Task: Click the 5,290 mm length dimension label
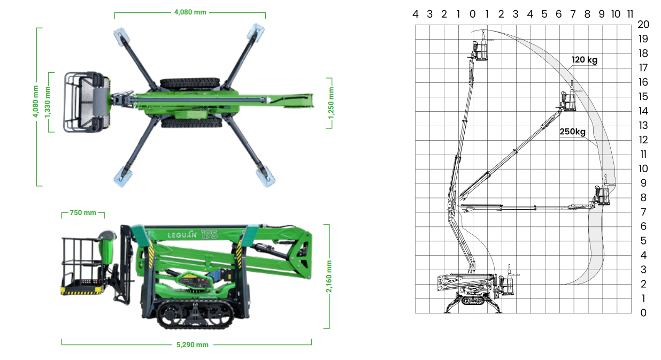tap(192, 344)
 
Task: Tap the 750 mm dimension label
tap(83, 212)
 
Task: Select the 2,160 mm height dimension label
tap(329, 276)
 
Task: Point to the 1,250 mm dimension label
tap(331, 103)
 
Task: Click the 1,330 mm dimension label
tap(47, 102)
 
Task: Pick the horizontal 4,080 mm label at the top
tap(190, 12)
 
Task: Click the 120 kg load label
tap(585, 59)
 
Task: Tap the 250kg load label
tap(572, 131)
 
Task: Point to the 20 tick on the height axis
tap(643, 24)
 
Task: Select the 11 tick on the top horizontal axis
tap(630, 14)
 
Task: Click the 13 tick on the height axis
tap(643, 125)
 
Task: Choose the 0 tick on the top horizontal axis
tap(472, 14)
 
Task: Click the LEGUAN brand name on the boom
tap(182, 235)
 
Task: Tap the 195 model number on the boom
tap(210, 234)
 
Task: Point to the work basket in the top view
tap(87, 102)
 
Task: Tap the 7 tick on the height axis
tap(643, 212)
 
